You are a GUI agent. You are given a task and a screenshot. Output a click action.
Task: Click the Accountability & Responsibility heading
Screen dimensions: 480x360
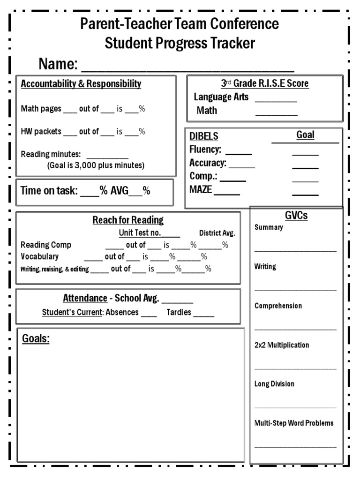point(81,84)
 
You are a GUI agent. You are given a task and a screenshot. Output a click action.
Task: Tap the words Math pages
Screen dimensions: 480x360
point(41,109)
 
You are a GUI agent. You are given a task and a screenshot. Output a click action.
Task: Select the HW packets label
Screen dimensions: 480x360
point(41,132)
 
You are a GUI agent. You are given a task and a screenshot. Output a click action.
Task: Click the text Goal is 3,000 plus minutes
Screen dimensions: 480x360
point(96,165)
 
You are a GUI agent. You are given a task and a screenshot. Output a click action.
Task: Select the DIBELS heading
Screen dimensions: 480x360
point(204,136)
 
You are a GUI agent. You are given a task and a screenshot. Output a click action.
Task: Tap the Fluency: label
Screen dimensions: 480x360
point(205,150)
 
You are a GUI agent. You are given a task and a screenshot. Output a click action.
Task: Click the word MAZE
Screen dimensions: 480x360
point(201,190)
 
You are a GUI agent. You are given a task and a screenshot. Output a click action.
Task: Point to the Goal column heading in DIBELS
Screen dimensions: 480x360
point(305,135)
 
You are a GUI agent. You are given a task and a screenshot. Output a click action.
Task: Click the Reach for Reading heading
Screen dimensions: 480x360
point(128,220)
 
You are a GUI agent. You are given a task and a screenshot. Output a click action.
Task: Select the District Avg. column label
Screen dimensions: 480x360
point(217,233)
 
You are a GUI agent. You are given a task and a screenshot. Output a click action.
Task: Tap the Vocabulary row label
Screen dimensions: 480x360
point(40,256)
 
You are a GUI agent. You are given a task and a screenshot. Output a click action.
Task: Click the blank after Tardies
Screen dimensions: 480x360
point(204,313)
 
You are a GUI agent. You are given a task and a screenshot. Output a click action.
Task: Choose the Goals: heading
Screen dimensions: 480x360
point(36,338)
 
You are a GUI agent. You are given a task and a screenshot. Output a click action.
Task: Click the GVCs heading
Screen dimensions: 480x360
point(296,216)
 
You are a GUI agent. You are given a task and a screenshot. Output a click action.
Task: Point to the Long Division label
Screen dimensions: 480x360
point(274,384)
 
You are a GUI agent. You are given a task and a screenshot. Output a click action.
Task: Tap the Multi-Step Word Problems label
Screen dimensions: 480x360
point(294,423)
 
